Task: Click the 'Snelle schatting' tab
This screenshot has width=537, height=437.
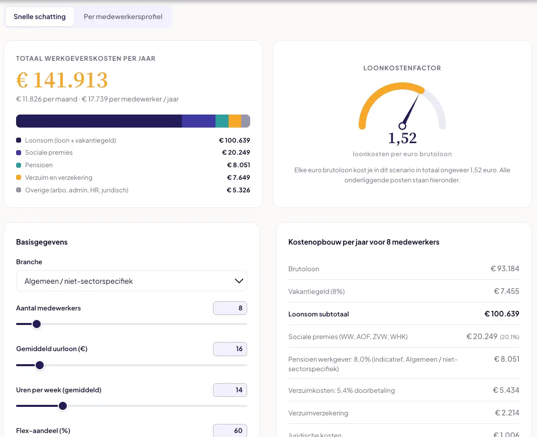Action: click(x=39, y=17)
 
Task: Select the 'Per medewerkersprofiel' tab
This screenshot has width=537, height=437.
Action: click(x=123, y=17)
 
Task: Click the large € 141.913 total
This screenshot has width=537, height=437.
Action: click(x=62, y=80)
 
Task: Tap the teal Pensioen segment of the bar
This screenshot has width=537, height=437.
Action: click(x=222, y=121)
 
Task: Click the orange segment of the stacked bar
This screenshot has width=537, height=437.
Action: click(x=235, y=121)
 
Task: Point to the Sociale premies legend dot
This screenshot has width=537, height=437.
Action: click(x=19, y=153)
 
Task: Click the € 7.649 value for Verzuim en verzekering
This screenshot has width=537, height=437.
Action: click(x=239, y=177)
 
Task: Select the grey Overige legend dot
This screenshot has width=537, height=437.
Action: click(x=19, y=190)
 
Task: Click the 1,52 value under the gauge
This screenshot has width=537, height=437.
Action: click(x=402, y=138)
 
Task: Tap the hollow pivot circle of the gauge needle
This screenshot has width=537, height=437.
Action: click(x=402, y=126)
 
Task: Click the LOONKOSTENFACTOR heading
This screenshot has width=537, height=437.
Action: click(x=402, y=68)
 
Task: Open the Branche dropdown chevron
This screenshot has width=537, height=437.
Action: click(x=239, y=281)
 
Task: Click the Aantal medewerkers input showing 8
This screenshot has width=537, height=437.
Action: click(x=230, y=308)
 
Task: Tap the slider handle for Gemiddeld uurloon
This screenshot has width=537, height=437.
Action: click(x=40, y=365)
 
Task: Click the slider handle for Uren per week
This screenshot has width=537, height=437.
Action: click(x=63, y=406)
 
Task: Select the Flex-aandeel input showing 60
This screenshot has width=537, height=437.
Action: click(x=230, y=430)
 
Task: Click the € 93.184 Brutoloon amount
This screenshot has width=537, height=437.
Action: click(x=505, y=269)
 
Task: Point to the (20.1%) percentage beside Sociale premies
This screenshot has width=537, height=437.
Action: click(x=509, y=337)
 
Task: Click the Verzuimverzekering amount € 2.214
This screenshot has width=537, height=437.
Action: click(x=507, y=413)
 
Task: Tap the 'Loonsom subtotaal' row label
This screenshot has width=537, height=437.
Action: click(x=318, y=314)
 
